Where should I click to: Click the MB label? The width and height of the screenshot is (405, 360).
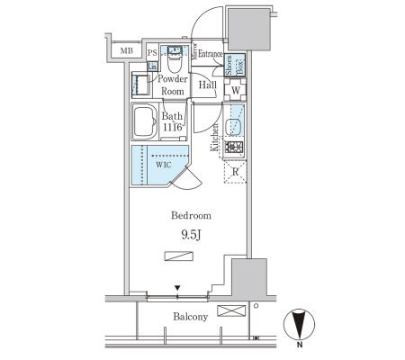click(126, 50)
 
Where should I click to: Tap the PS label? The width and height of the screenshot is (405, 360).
click(152, 53)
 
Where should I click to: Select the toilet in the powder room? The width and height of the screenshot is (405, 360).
click(175, 59)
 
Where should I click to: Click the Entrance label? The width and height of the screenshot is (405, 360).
click(210, 54)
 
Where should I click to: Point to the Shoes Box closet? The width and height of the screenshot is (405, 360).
click(235, 65)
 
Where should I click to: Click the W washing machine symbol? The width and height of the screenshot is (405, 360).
click(236, 89)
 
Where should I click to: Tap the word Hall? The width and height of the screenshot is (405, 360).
click(207, 85)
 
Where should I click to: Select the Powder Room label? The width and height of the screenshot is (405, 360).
click(173, 85)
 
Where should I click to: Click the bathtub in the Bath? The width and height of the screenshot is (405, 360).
click(144, 121)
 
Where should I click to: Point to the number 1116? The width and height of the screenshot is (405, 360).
click(173, 127)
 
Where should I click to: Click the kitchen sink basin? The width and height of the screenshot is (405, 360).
click(233, 127)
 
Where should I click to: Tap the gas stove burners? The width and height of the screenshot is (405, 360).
click(234, 148)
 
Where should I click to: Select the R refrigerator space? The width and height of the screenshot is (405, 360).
click(235, 172)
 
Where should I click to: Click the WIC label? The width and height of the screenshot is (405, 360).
click(164, 165)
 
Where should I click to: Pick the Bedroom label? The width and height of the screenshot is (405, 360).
click(191, 215)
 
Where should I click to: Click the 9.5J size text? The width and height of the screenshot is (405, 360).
click(191, 235)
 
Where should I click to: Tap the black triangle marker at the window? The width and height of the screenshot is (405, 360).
click(177, 288)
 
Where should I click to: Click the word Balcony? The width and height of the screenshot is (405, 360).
click(191, 317)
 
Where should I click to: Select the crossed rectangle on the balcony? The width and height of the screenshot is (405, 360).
click(231, 310)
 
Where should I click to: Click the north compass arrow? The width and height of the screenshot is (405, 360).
click(300, 325)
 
